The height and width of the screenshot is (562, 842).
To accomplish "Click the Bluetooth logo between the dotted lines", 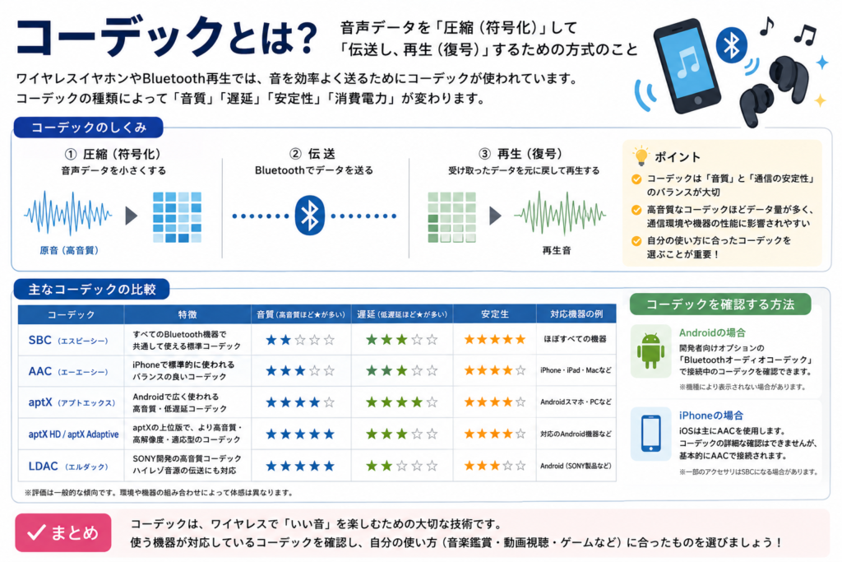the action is (x=310, y=216).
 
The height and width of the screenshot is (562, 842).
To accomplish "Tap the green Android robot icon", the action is (x=650, y=351).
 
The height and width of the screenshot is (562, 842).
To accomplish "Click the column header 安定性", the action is (x=494, y=314).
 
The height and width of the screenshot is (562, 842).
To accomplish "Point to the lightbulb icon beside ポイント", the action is (x=641, y=156).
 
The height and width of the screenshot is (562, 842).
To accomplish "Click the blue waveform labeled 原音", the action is (x=68, y=214).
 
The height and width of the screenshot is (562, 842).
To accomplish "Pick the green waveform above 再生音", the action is (x=559, y=214).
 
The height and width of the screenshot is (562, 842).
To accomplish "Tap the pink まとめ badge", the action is (x=63, y=532).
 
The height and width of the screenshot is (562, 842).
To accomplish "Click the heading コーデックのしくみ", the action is (x=89, y=128).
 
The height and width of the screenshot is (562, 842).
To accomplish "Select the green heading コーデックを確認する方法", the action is (x=720, y=304).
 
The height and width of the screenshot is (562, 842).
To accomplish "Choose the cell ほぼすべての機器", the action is (x=575, y=339).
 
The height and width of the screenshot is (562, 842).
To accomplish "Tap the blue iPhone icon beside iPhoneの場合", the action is (x=651, y=433).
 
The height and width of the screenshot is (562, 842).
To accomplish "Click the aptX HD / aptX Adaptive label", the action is (x=73, y=434).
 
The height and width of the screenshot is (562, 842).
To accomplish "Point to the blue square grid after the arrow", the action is (x=178, y=217).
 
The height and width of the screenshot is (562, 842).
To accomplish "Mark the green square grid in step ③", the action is (x=451, y=217).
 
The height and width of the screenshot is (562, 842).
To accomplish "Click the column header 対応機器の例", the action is (x=576, y=314).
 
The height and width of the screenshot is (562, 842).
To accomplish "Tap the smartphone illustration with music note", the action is (x=687, y=66).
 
